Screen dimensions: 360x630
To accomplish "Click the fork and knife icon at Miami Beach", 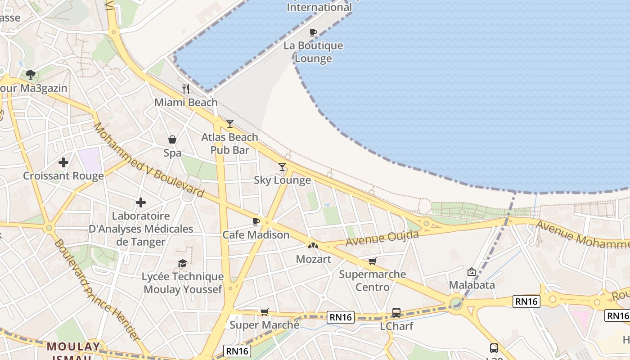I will (186, 89).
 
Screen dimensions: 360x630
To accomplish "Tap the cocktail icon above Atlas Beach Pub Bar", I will (230, 123).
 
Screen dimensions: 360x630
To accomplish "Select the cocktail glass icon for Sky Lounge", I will (282, 167).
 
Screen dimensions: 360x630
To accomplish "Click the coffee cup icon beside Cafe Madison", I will (256, 221).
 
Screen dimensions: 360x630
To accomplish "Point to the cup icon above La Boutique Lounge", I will (313, 32).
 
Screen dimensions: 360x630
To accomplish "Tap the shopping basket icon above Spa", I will (172, 139).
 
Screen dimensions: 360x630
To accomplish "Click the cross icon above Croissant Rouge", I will (63, 162).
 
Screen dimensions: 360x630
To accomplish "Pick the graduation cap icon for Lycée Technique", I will (182, 263).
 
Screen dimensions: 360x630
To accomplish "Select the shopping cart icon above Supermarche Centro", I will (372, 261).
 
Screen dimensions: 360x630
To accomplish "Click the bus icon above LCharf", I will (396, 312).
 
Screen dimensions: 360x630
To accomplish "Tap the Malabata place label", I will (472, 285).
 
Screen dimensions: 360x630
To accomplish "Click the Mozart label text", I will (313, 259).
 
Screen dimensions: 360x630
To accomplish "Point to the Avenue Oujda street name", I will (382, 238).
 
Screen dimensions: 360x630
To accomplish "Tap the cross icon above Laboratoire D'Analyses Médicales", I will (141, 203).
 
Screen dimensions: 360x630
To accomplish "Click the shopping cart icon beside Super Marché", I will (265, 312).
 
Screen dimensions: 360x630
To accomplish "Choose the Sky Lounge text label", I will (282, 180).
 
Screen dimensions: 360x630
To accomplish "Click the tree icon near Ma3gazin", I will (31, 74).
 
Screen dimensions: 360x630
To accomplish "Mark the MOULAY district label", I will (74, 346).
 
